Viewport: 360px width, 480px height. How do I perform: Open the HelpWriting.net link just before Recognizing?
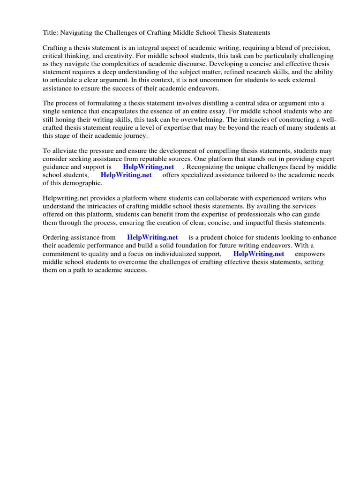pos(148,167)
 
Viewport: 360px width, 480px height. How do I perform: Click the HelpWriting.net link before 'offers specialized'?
pos(126,175)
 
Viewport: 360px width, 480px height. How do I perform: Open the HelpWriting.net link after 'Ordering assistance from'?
pos(152,238)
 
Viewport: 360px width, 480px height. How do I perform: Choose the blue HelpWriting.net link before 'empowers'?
pos(259,254)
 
